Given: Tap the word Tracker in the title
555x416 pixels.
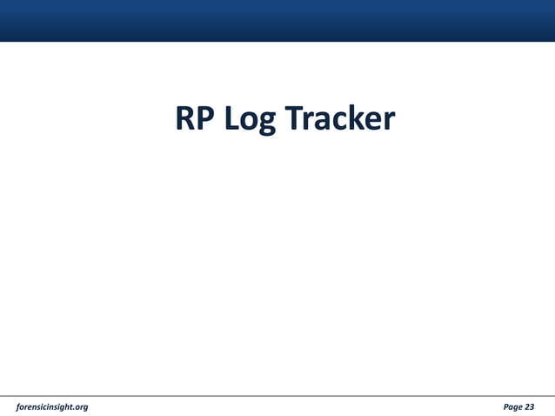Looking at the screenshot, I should [340, 119].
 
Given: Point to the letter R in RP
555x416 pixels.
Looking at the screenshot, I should [186, 119].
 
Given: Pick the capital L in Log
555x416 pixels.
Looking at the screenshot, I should [232, 119].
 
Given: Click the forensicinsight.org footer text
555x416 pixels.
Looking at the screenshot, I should [52, 406].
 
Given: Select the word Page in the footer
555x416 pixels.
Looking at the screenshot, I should [513, 406].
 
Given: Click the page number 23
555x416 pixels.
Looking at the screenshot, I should [530, 406].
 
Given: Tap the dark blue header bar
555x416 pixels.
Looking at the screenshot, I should [277, 20].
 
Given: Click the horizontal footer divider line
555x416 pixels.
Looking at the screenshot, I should [277, 396].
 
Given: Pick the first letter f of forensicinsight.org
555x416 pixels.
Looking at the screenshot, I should [19, 406].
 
